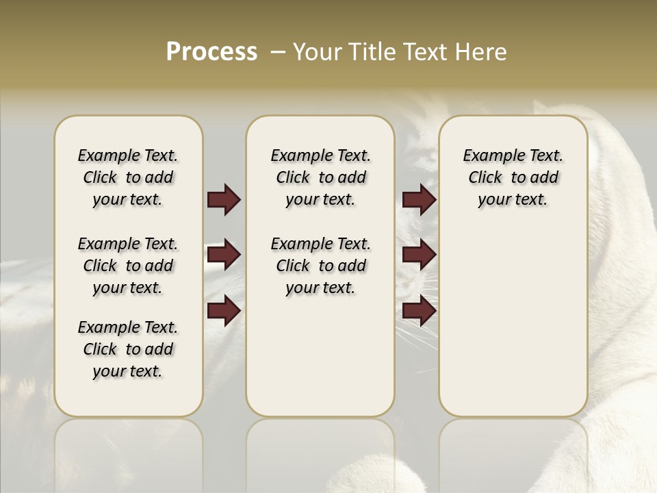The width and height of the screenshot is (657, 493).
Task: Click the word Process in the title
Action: tap(211, 52)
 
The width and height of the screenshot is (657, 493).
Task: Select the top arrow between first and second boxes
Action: tap(224, 199)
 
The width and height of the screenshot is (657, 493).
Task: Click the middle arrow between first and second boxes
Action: tap(224, 255)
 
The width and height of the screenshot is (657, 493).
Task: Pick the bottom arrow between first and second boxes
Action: tap(224, 311)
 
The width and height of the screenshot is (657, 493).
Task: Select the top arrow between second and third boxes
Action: tap(419, 199)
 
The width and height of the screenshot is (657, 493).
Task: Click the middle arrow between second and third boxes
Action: tap(419, 255)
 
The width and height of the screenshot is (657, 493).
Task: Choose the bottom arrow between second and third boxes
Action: tap(419, 311)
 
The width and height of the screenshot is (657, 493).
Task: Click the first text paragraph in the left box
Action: tap(128, 177)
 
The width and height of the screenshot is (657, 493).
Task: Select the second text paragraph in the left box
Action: tap(128, 266)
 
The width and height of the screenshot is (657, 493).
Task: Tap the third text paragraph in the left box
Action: tap(128, 349)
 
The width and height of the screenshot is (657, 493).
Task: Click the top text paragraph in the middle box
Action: tap(320, 177)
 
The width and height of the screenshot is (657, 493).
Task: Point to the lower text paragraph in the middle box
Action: tap(320, 266)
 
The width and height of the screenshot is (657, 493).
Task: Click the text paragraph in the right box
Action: tap(513, 177)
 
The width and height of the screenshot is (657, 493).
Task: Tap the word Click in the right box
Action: tap(485, 178)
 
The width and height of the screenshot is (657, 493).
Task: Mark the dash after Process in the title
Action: tap(278, 52)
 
